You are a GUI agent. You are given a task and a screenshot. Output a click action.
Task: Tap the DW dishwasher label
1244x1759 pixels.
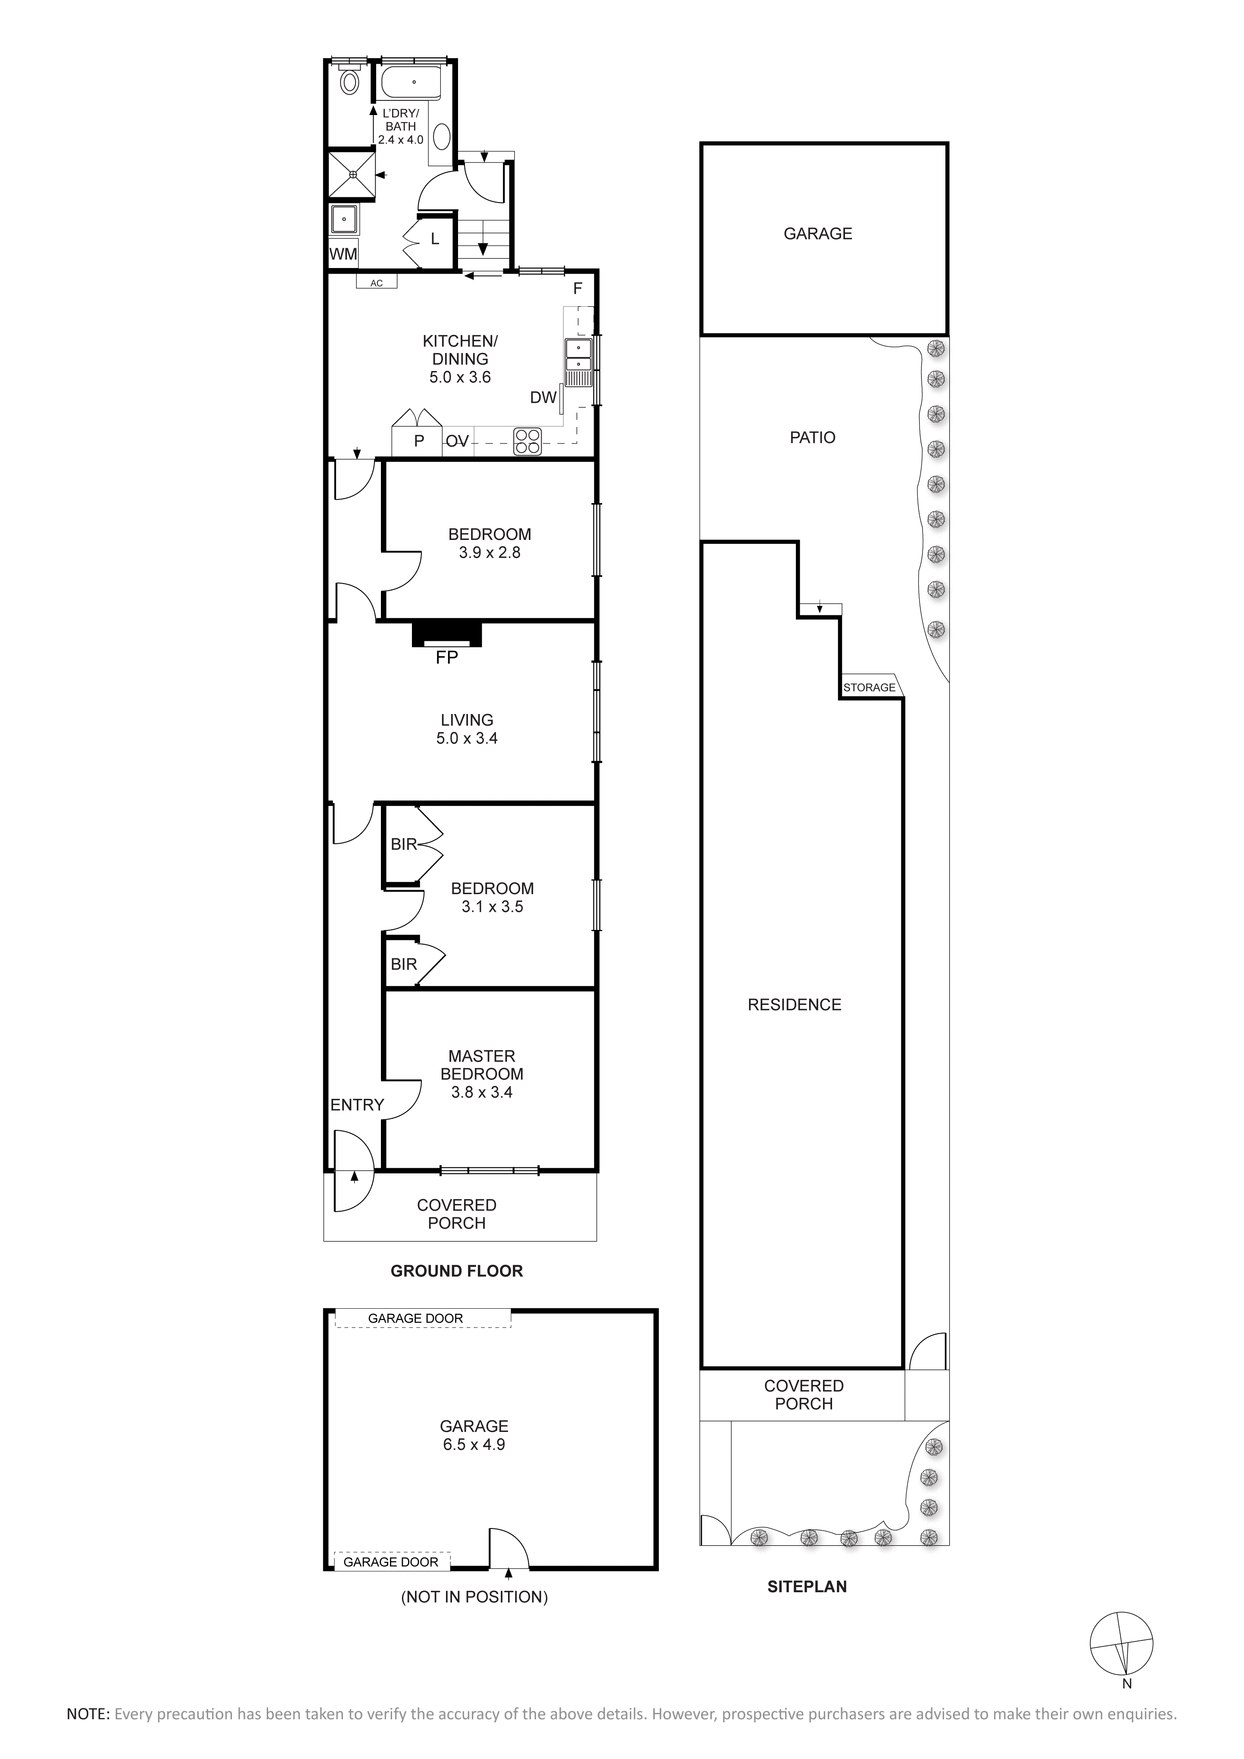(543, 398)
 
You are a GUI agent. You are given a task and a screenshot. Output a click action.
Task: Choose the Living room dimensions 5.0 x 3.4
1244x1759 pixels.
(467, 739)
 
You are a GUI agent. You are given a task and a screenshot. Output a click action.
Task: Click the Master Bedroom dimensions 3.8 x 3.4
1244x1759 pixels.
(482, 1092)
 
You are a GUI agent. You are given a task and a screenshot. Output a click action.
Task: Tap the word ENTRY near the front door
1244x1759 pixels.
(357, 1105)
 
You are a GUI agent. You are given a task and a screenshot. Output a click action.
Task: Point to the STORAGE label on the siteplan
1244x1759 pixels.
(870, 687)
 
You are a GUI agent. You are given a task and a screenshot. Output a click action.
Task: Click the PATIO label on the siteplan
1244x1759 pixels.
(813, 437)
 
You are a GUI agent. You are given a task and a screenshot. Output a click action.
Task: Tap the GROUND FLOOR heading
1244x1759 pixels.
(457, 1271)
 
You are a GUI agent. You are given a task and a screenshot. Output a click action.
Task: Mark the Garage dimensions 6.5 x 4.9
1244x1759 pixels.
(474, 1445)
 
